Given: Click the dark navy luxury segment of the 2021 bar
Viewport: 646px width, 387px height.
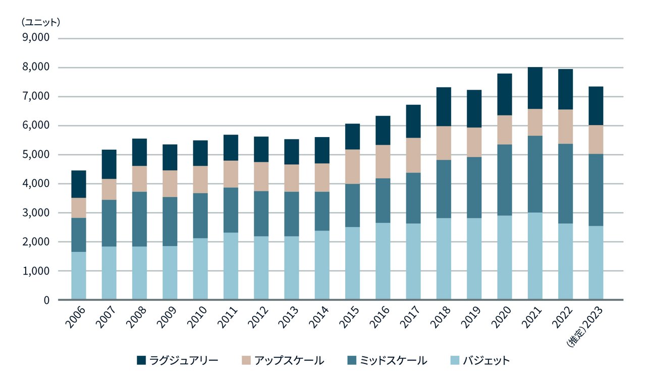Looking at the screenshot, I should point(535,88).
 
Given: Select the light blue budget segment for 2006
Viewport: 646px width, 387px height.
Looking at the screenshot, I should point(78,276).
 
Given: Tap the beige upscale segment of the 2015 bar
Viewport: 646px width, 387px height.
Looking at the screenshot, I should point(352,167).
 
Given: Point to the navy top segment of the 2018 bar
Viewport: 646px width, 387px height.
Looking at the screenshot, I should point(444,107).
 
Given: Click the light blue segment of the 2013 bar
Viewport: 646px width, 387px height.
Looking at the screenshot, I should point(292,268).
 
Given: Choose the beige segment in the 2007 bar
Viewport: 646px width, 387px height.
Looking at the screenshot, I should point(109,189).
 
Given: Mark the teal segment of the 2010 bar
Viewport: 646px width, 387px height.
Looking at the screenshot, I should point(200,216).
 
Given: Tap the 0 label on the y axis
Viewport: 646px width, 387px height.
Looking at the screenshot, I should point(46,300).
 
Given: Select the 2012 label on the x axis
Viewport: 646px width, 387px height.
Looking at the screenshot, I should point(258,318).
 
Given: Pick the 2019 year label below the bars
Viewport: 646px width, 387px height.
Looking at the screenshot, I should point(471,318).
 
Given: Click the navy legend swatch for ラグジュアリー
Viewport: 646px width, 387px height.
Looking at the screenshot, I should point(141,360).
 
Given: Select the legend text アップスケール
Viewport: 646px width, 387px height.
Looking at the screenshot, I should point(289,360).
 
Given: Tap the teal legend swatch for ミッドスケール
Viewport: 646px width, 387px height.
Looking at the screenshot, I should point(351,360).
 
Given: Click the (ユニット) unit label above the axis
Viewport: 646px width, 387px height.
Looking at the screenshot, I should point(40,22).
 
